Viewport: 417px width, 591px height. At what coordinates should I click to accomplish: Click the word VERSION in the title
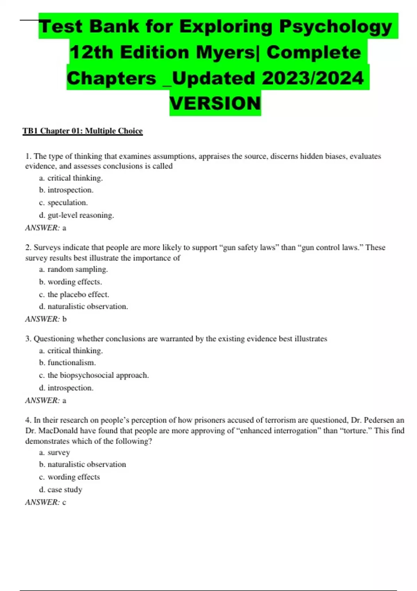click(x=215, y=103)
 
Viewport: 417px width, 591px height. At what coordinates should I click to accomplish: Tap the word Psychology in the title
click(x=335, y=27)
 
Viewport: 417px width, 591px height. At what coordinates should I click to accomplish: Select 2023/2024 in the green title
click(x=312, y=78)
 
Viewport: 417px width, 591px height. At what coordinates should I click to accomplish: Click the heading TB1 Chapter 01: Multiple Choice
click(x=83, y=131)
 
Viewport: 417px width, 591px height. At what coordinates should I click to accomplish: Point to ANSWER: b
click(x=46, y=319)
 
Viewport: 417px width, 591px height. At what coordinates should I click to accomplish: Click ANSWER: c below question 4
click(x=46, y=502)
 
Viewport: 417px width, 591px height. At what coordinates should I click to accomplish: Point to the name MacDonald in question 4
click(x=58, y=430)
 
